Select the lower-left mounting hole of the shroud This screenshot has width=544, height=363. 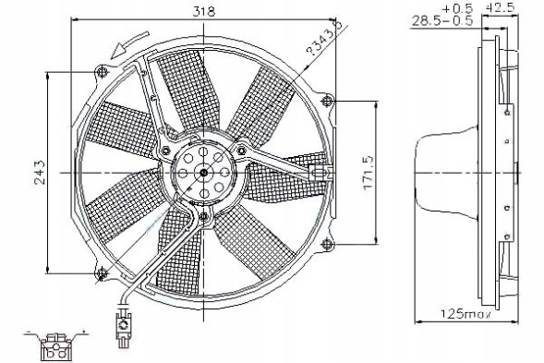102,271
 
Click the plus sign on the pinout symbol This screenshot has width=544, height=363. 83,331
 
